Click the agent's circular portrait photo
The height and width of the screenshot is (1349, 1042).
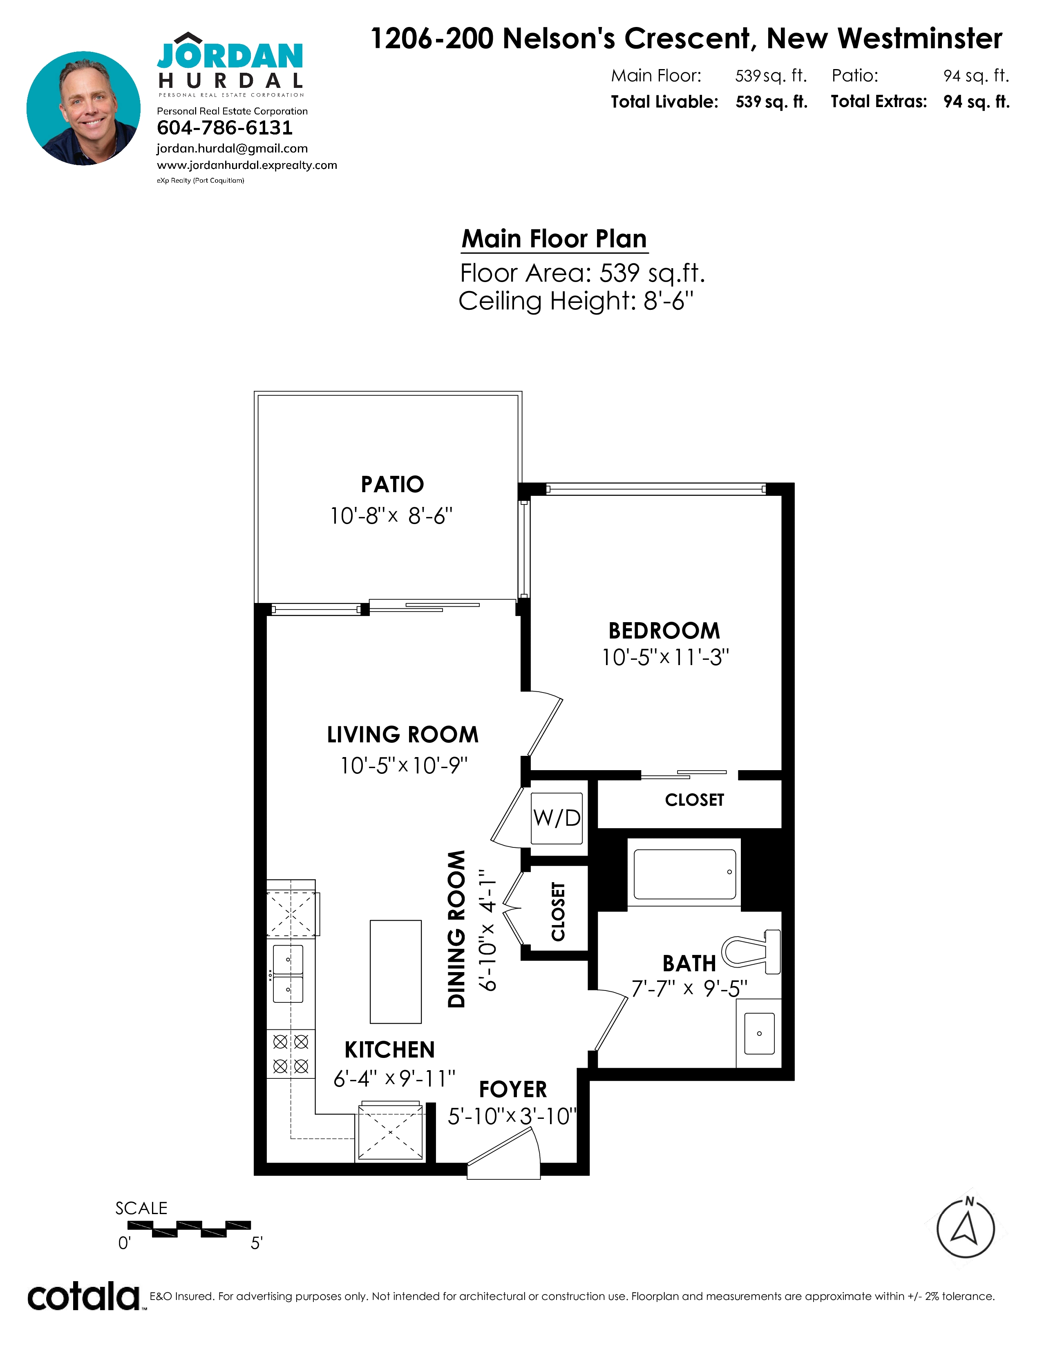pos(83,108)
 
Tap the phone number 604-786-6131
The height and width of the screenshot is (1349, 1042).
pos(225,128)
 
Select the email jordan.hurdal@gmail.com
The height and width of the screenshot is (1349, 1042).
pos(232,148)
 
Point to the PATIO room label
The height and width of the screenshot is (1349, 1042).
pos(393,484)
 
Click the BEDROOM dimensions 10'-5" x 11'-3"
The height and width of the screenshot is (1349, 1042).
pos(665,657)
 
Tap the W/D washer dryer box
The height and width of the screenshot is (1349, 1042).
pos(557,818)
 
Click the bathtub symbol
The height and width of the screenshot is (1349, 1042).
pos(684,874)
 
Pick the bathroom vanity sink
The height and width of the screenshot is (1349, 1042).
pos(759,1033)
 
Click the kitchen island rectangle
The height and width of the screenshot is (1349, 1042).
pos(396,972)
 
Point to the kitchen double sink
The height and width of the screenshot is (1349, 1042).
pos(288,974)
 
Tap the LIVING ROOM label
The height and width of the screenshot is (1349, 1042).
pos(402,735)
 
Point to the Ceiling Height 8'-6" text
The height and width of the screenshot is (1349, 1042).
pos(576,301)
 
